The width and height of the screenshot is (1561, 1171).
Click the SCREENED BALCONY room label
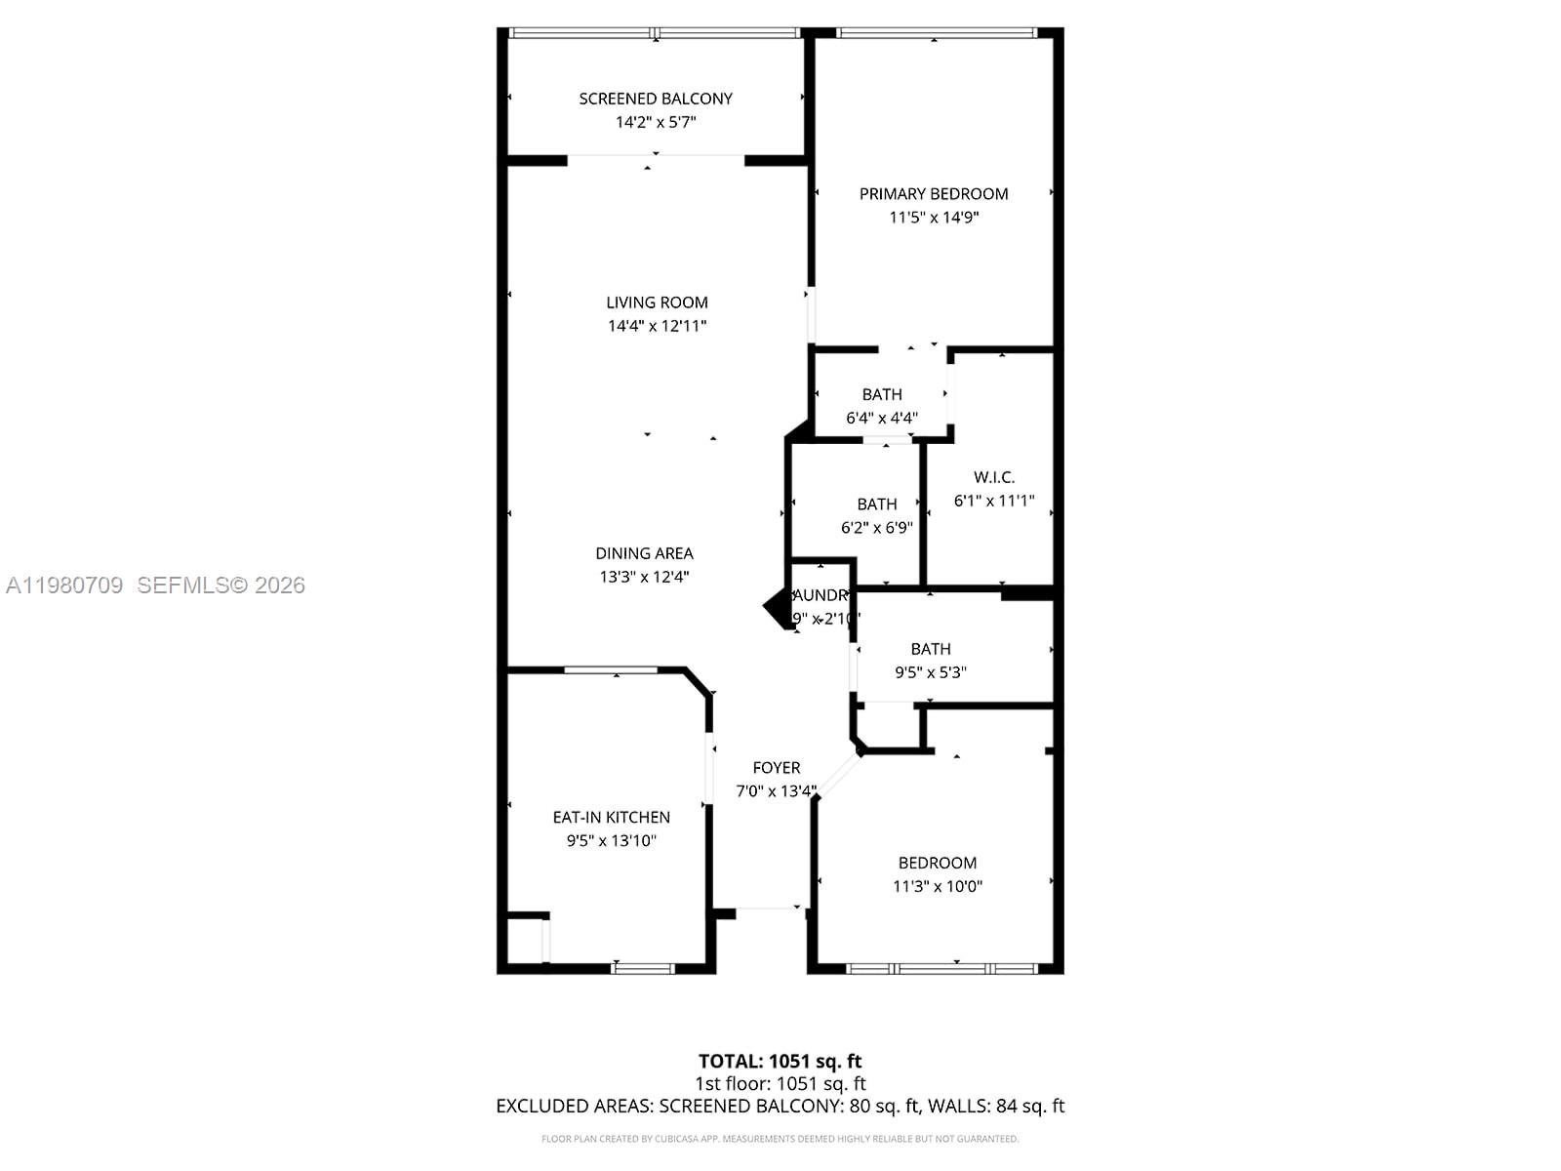click(656, 99)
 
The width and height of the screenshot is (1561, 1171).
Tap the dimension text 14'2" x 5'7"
click(656, 122)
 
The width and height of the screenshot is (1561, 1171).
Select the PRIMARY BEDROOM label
click(934, 193)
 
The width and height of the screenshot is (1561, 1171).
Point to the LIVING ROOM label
click(657, 303)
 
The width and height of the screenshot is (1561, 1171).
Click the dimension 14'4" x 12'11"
click(657, 326)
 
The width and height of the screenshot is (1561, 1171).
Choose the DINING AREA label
click(644, 553)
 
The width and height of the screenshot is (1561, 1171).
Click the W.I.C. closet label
click(994, 477)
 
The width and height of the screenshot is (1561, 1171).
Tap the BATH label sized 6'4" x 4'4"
click(882, 394)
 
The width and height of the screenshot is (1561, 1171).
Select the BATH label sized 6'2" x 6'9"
click(877, 505)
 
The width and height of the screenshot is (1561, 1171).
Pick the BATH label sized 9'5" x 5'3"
click(931, 649)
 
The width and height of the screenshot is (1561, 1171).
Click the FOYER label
click(777, 768)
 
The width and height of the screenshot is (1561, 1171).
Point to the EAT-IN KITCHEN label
click(612, 818)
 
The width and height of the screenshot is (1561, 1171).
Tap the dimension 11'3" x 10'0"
click(938, 887)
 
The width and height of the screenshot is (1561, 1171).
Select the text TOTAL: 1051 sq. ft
click(780, 1061)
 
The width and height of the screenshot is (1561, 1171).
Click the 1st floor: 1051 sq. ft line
click(780, 1083)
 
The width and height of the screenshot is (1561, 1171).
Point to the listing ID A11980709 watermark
click(64, 585)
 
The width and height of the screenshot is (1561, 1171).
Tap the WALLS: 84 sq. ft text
click(996, 1106)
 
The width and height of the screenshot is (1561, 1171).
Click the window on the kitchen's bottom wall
click(643, 968)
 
